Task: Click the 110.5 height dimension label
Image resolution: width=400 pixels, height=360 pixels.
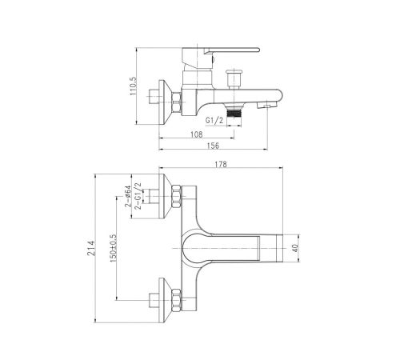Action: [x=133, y=86]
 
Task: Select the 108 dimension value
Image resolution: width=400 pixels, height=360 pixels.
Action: [x=197, y=134]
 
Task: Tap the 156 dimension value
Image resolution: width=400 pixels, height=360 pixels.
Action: [x=213, y=146]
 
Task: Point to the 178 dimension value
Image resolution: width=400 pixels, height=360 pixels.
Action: [x=221, y=164]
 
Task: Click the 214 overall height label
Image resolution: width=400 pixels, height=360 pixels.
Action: [x=91, y=248]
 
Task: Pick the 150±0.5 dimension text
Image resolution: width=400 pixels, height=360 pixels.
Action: [x=114, y=248]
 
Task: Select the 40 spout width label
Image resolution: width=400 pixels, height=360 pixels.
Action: [x=295, y=248]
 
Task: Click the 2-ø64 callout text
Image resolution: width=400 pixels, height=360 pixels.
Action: [x=128, y=196]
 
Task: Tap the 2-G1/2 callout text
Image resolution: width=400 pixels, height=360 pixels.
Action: [x=138, y=196]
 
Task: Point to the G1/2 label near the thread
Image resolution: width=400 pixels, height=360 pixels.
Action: [x=214, y=121]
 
